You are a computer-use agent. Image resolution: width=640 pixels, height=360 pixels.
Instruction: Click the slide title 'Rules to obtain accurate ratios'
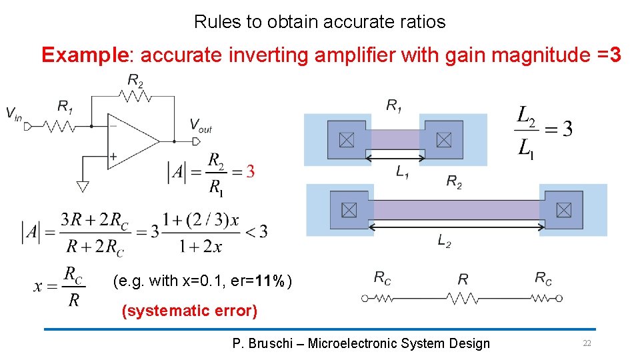point(319,22)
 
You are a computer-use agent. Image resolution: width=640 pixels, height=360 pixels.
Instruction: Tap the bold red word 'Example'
point(84,55)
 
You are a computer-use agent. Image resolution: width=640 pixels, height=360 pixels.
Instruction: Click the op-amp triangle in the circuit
point(130,141)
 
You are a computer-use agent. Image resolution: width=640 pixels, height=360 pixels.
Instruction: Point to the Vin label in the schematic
point(14,113)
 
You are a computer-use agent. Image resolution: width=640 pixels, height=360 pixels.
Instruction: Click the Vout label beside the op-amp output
point(200,125)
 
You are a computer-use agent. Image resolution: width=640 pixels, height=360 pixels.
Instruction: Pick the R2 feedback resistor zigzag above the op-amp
point(135,96)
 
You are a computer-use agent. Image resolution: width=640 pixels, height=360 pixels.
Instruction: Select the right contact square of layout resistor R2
point(563,210)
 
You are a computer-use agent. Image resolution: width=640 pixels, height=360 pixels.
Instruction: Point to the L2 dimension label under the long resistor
point(444,241)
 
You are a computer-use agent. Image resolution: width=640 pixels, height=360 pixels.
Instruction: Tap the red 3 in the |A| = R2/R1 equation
point(250,171)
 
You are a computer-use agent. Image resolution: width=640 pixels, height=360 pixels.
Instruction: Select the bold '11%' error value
point(269,281)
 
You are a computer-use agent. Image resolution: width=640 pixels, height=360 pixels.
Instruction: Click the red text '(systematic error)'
point(189,311)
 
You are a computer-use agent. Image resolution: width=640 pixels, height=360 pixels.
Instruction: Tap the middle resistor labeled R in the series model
point(463,298)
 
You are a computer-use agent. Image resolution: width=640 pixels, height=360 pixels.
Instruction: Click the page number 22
point(587,343)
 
